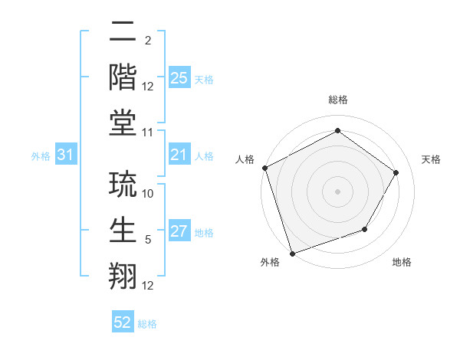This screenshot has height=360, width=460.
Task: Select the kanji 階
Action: tap(123, 77)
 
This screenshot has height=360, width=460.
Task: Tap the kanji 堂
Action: tap(123, 121)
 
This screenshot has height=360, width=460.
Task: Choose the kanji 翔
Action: tap(123, 275)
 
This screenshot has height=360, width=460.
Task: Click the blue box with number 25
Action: tap(179, 78)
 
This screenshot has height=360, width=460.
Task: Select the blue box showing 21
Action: tap(179, 155)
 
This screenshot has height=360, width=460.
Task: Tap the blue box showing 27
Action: tap(179, 232)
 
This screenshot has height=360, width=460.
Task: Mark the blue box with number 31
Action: tap(66, 155)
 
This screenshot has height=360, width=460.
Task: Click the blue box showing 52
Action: tap(123, 323)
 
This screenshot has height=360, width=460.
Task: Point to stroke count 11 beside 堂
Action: tap(149, 133)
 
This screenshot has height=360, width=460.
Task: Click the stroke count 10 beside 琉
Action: tap(149, 194)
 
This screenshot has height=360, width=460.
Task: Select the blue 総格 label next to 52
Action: tap(147, 324)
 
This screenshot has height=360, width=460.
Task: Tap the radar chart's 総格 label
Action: tap(337, 100)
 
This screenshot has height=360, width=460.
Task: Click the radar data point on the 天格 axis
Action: tap(396, 172)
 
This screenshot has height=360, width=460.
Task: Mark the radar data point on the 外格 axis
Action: tap(293, 252)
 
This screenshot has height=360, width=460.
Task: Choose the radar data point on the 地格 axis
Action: tap(365, 229)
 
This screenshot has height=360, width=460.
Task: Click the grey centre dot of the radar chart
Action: tap(337, 191)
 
